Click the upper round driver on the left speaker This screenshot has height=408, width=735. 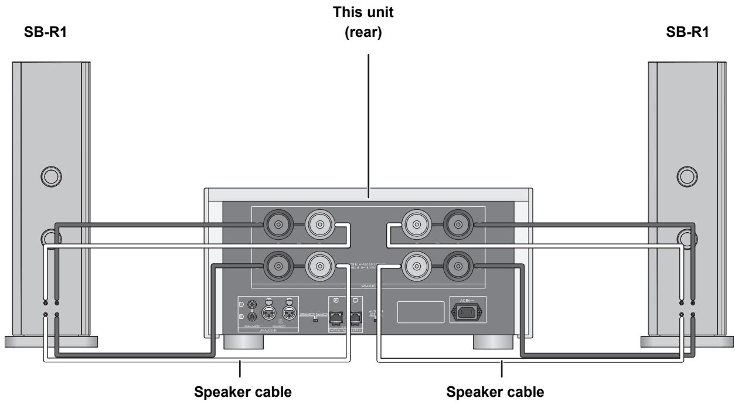pyautogui.click(x=49, y=175)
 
